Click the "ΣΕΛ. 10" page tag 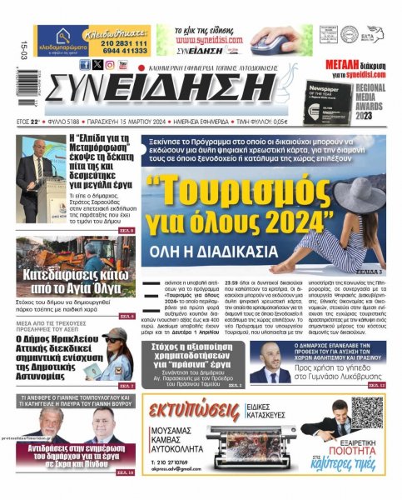[x=125, y=472]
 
